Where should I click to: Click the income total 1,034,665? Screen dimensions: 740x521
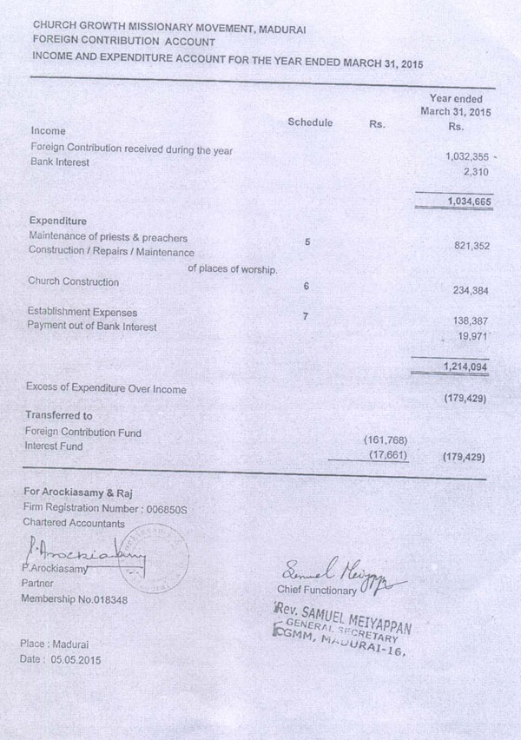[466, 202]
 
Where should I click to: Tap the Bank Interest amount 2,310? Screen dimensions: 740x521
[476, 172]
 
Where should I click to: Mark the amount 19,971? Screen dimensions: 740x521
[474, 335]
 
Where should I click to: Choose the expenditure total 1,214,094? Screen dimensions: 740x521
[465, 367]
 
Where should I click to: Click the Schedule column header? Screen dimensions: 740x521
[310, 123]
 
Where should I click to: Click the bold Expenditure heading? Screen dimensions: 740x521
[57, 221]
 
